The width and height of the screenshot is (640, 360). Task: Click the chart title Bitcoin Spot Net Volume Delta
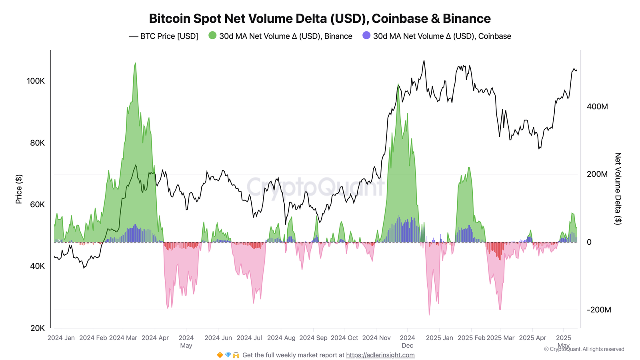[320, 18]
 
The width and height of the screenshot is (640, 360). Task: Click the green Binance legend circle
[212, 36]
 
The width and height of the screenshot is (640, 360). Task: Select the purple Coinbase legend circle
[366, 36]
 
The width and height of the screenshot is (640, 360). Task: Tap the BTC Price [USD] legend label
[169, 36]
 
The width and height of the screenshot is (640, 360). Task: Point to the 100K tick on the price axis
[36, 81]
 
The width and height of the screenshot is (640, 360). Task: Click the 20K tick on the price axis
[38, 328]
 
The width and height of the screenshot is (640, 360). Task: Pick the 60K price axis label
[38, 204]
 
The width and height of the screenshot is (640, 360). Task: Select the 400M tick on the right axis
[597, 107]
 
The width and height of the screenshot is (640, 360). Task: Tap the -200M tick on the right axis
[599, 310]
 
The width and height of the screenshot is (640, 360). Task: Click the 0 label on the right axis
[589, 242]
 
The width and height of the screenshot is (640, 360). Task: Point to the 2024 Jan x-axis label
[61, 338]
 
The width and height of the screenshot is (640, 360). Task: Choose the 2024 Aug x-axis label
[281, 338]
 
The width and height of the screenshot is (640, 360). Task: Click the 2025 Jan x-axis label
[439, 338]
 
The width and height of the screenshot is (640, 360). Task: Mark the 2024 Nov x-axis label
[376, 338]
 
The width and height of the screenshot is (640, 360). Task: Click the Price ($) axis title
[19, 189]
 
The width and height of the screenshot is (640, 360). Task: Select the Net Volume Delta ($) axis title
[618, 189]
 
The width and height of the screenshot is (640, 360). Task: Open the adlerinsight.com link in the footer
[380, 355]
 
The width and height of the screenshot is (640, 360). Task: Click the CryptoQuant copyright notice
[584, 349]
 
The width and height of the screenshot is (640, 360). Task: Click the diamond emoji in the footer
[228, 355]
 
